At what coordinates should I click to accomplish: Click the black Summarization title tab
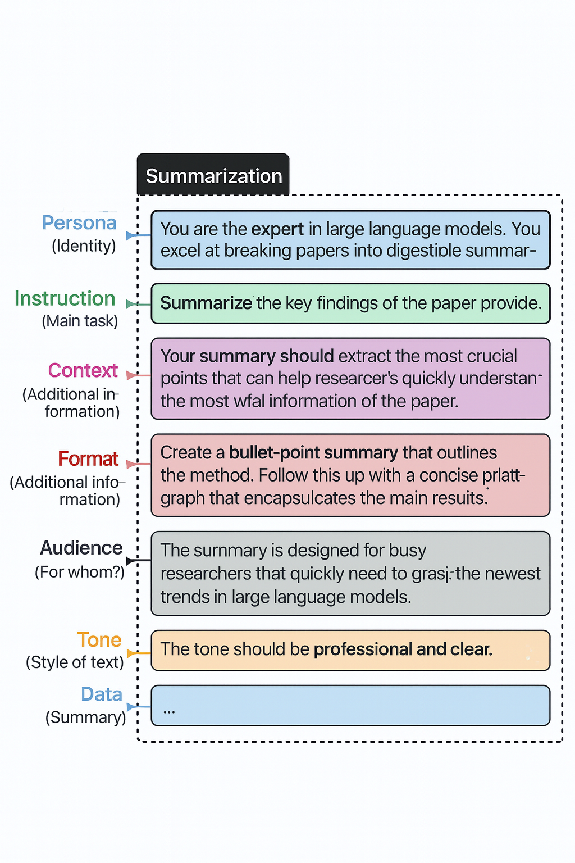point(213,176)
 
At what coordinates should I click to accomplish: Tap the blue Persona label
point(79,223)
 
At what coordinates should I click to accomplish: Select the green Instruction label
point(65,298)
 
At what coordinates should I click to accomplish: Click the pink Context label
point(83,371)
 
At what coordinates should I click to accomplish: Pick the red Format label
point(88,459)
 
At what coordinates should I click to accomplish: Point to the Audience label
point(81,548)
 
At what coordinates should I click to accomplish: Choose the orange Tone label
point(99,640)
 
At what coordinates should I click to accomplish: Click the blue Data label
point(102,694)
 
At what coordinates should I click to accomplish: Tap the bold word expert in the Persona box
point(277,229)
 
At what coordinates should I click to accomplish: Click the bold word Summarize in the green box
point(206,303)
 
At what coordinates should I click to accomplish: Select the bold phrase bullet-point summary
point(313,453)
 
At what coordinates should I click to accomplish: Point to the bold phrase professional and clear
point(403,649)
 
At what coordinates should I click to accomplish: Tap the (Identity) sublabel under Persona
point(84,246)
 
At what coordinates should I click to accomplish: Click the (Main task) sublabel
point(80,321)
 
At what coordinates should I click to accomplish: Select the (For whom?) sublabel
point(80,572)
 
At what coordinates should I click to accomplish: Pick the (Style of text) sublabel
point(75,662)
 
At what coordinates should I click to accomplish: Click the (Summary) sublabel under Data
point(85,717)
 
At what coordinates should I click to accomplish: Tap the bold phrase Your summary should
point(247,356)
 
